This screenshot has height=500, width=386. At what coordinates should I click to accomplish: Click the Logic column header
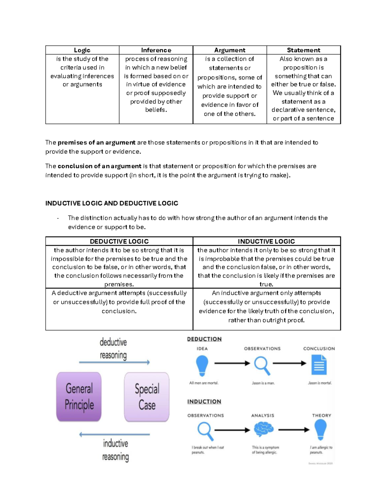pyautogui.click(x=82, y=50)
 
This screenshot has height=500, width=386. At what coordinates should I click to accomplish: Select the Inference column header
pyautogui.click(x=156, y=50)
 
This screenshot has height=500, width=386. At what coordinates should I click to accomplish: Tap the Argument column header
pyautogui.click(x=230, y=50)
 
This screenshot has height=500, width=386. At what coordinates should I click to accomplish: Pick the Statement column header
pyautogui.click(x=303, y=50)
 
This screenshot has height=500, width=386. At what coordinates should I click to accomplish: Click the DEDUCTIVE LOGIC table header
pyautogui.click(x=119, y=241)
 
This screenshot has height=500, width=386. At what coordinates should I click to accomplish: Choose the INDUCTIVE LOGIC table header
pyautogui.click(x=266, y=241)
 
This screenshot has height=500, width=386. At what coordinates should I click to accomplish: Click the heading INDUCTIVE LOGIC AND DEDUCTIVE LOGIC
pyautogui.click(x=112, y=203)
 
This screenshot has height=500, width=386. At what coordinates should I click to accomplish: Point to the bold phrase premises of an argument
pyautogui.click(x=96, y=143)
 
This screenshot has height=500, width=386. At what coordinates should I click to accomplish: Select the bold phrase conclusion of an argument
pyautogui.click(x=99, y=166)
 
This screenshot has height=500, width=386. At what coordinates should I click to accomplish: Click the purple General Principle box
pyautogui.click(x=79, y=397)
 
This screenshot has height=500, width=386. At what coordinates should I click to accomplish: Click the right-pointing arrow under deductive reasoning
pyautogui.click(x=115, y=363)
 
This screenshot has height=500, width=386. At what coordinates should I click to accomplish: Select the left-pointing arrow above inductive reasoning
pyautogui.click(x=115, y=435)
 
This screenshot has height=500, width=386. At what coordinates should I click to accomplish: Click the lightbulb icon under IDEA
pyautogui.click(x=202, y=365)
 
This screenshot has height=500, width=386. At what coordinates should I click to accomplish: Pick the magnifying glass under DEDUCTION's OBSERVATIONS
pyautogui.click(x=262, y=365)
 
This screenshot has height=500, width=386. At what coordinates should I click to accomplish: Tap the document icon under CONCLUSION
pyautogui.click(x=319, y=365)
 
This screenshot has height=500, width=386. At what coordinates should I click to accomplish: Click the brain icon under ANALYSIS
pyautogui.click(x=263, y=429)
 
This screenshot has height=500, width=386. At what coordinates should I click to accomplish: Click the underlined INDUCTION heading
pyautogui.click(x=204, y=402)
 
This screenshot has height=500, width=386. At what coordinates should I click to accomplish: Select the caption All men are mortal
pyautogui.click(x=204, y=383)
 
